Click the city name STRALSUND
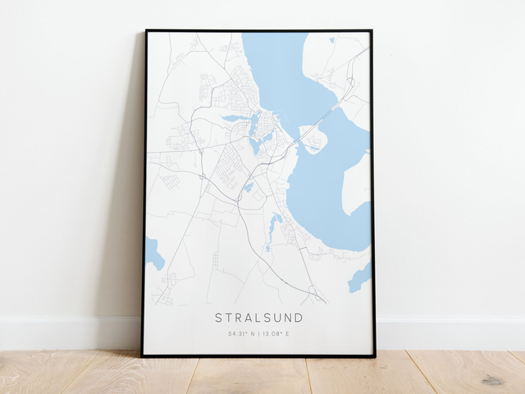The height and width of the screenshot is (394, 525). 258,318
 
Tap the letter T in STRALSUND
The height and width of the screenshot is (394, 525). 228,318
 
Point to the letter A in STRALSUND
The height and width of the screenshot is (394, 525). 247,318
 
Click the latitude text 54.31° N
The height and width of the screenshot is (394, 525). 243,334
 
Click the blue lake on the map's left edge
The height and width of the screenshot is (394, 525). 153,254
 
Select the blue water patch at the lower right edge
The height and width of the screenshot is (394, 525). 360,278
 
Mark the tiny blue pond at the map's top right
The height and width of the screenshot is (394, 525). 332,39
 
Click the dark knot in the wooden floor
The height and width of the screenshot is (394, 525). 492,380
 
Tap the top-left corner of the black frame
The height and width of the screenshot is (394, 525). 146,31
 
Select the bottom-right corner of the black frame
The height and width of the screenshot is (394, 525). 374,355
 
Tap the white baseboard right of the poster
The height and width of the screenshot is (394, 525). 451,333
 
